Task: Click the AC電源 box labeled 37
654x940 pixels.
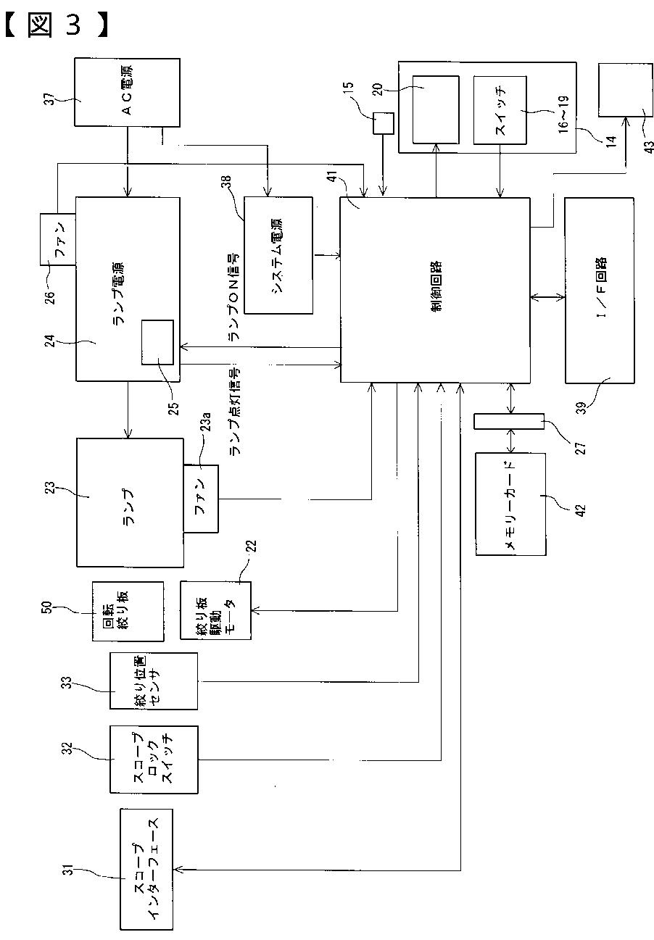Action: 127,92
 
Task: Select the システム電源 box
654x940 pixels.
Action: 278,255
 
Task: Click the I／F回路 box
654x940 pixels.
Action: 600,291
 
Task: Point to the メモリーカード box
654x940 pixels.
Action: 511,504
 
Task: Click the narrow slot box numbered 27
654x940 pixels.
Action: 509,421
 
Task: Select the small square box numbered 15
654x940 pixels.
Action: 384,123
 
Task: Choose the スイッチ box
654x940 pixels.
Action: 500,110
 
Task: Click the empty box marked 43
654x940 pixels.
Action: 626,90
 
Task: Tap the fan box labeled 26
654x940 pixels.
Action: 58,239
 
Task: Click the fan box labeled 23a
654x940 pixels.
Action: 201,499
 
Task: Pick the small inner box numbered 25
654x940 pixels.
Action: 157,342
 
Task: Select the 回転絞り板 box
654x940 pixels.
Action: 128,611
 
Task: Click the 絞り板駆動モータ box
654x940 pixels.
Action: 216,610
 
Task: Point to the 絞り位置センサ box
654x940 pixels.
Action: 154,681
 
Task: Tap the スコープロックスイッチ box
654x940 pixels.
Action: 154,759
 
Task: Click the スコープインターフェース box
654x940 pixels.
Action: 146,870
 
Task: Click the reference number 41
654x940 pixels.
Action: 333,177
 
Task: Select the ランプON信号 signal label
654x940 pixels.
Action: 234,296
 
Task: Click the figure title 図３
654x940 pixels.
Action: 57,24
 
